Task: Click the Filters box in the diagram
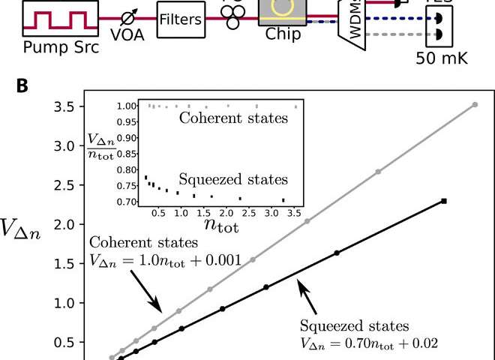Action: coord(181,19)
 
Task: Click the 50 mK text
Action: coord(446,57)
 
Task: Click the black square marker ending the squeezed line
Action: coord(445,201)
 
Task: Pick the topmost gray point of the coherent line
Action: coord(474,105)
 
